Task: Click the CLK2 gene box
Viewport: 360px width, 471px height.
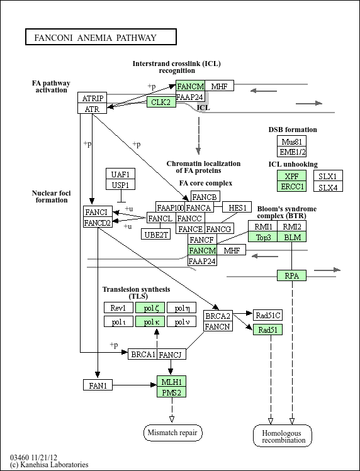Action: (x=161, y=102)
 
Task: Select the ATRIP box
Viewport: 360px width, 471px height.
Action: (x=93, y=97)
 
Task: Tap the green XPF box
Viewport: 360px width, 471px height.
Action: (x=292, y=175)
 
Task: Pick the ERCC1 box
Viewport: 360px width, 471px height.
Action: (x=292, y=186)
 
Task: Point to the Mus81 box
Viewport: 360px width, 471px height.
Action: (x=292, y=141)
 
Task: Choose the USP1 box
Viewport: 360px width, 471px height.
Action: (x=121, y=184)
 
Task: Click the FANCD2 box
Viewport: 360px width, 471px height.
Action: (x=98, y=222)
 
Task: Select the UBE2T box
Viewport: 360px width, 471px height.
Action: (x=156, y=234)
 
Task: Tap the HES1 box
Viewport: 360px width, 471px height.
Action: (x=237, y=207)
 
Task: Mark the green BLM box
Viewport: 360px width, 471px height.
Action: (x=292, y=236)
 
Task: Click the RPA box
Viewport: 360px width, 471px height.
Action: (x=292, y=275)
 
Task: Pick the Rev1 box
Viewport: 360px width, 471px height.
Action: (x=118, y=308)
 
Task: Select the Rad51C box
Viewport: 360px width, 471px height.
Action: (x=267, y=315)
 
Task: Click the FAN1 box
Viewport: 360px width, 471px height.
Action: (x=98, y=385)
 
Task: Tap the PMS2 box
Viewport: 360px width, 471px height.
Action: (x=171, y=392)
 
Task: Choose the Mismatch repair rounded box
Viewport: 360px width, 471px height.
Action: (x=173, y=433)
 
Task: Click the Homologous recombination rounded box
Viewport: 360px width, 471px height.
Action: (x=283, y=436)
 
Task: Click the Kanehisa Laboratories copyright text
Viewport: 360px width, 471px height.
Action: (x=49, y=465)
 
